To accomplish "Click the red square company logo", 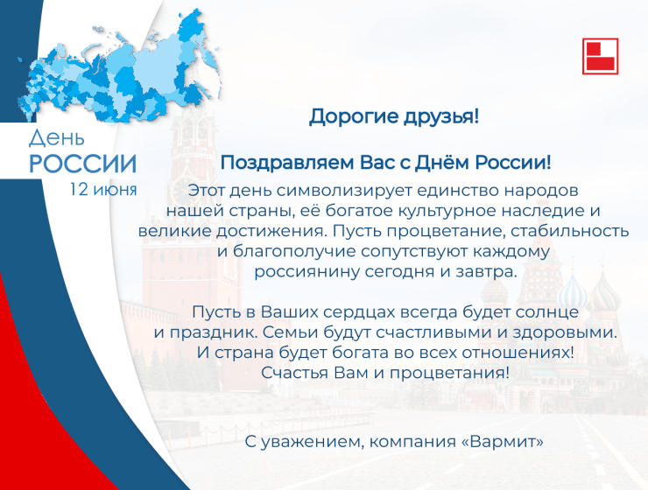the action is click(x=600, y=56).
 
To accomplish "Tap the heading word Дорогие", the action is click(x=354, y=117).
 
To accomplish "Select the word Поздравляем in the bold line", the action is click(x=287, y=163).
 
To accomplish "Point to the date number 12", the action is click(x=79, y=190).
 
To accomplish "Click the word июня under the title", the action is click(x=115, y=190).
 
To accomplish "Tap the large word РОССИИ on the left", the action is click(x=82, y=164).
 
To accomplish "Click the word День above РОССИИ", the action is click(x=57, y=138).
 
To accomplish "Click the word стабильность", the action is click(x=569, y=231).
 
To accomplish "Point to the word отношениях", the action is click(x=518, y=353).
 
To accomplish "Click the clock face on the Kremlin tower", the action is click(x=186, y=191).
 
